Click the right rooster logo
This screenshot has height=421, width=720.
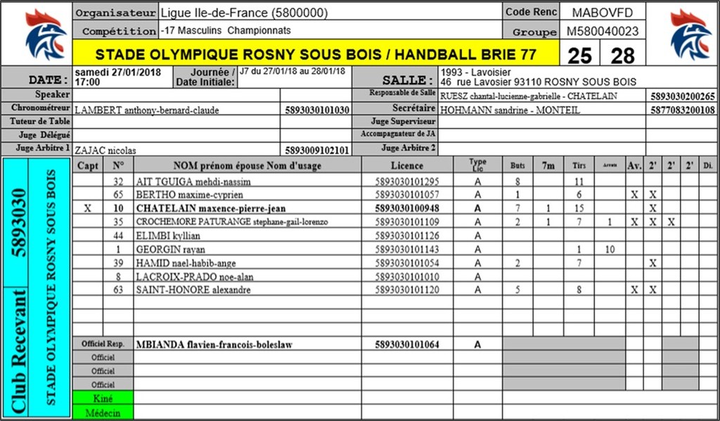click(x=683, y=34)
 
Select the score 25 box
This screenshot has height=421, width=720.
click(x=580, y=55)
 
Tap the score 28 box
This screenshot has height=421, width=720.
click(x=622, y=55)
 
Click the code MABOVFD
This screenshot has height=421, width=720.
click(x=603, y=13)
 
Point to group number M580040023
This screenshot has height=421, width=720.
click(x=603, y=32)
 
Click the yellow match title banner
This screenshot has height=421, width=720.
click(x=316, y=54)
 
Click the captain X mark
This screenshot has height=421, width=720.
click(x=87, y=209)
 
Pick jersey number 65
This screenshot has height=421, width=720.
click(x=118, y=195)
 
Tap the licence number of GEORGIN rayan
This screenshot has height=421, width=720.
click(x=407, y=250)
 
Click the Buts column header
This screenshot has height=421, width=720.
click(x=517, y=166)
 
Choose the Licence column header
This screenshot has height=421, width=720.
click(x=407, y=166)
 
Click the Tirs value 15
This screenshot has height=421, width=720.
click(x=579, y=209)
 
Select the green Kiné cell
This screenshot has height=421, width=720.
click(x=103, y=399)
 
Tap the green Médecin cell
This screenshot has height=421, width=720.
click(x=103, y=413)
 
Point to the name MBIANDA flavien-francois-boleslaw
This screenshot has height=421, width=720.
click(x=214, y=344)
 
